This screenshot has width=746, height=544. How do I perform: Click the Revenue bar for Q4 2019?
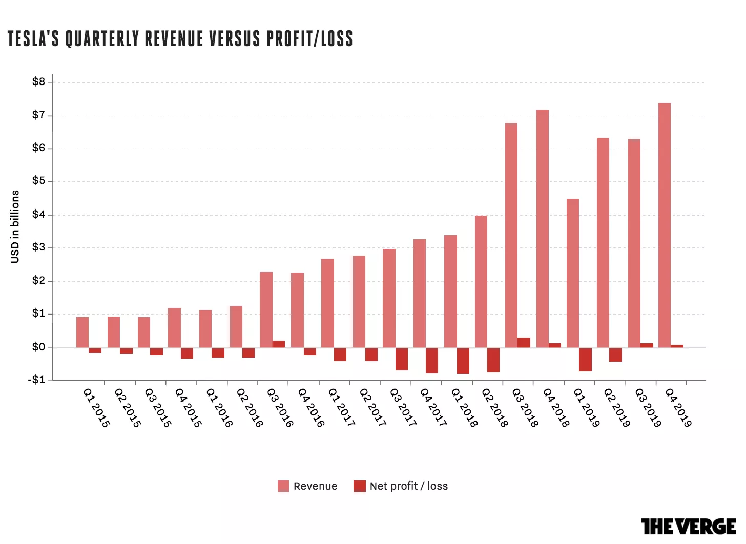click(665, 225)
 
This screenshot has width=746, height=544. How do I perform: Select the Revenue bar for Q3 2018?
click(511, 236)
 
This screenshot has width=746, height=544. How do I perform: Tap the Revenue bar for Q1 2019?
click(572, 274)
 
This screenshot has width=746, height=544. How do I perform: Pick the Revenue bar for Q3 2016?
click(266, 310)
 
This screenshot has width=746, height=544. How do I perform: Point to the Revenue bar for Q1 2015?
click(82, 332)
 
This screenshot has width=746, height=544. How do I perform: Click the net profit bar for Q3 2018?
click(524, 343)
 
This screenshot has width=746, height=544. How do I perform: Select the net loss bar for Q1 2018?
click(463, 361)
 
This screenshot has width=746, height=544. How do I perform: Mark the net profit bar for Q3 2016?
click(279, 344)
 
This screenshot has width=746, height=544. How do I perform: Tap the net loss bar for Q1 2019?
click(585, 360)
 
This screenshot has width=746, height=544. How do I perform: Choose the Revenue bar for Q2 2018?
click(481, 282)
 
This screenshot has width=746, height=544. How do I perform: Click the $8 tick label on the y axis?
click(38, 81)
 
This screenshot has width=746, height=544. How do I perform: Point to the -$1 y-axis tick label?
click(36, 380)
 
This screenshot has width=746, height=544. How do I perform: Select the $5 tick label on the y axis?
click(38, 181)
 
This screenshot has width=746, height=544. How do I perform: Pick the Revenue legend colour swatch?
click(283, 486)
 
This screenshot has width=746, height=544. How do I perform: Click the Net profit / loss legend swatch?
click(359, 486)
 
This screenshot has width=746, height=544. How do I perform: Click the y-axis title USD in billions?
click(15, 227)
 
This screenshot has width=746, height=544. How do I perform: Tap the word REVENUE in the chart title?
click(174, 38)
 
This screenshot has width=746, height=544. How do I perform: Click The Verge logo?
click(689, 526)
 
